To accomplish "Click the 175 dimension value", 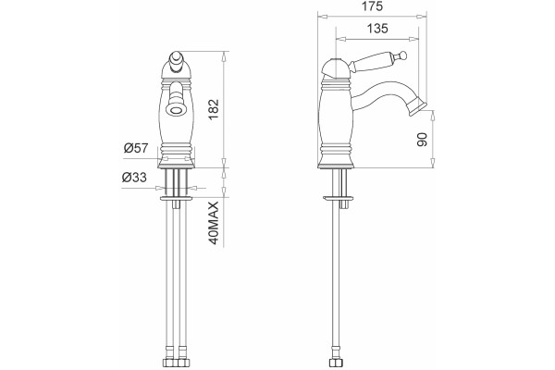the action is pyautogui.click(x=373, y=6).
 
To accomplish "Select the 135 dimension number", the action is pyautogui.click(x=377, y=29).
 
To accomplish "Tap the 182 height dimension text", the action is pyautogui.click(x=215, y=110).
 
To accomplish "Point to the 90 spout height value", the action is pyautogui.click(x=423, y=139).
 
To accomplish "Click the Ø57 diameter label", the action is pyautogui.click(x=136, y=148).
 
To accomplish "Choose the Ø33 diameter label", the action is pyautogui.click(x=134, y=177).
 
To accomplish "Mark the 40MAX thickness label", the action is pyautogui.click(x=214, y=223).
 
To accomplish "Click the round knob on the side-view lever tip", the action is pyautogui.click(x=402, y=55).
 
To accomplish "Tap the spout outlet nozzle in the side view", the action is pyautogui.click(x=417, y=106).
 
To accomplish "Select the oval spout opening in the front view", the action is pyautogui.click(x=176, y=110).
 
